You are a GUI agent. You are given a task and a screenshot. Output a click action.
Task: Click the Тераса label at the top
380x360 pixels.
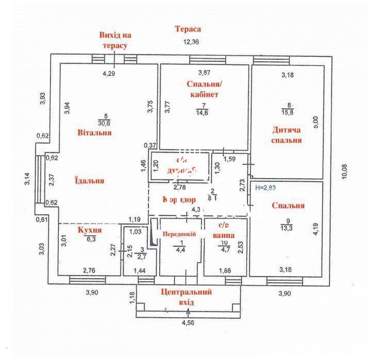pos(188,29)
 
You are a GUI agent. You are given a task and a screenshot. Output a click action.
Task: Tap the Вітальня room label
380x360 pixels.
pos(94,133)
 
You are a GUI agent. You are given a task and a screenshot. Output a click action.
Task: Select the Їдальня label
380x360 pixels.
pos(90,181)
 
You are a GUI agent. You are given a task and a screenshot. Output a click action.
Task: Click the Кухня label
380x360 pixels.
pos(90,230)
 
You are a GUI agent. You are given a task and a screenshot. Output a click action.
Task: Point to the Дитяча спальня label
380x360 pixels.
pos(286,135)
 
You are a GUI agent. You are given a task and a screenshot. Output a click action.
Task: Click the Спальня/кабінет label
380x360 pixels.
pos(204,89)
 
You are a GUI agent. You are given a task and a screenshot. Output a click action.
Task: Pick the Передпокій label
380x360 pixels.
pos(179,234)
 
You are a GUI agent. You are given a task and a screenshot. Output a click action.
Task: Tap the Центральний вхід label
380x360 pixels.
pos(186,297)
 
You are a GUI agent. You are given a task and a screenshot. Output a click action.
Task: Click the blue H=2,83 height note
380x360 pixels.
pos(265,187)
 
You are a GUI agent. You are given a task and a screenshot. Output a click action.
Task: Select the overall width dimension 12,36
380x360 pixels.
pos(191,42)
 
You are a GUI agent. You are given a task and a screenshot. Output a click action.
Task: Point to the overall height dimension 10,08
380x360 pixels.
pos(344,172)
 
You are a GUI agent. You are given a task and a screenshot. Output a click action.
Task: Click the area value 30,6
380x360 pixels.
pos(104,123)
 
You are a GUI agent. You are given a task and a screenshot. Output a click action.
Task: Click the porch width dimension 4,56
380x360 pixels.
pos(188,323)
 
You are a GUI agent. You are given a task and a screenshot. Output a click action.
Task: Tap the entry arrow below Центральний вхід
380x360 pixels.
pos(188,312)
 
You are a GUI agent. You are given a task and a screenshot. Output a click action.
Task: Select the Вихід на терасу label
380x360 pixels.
pos(115,40)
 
